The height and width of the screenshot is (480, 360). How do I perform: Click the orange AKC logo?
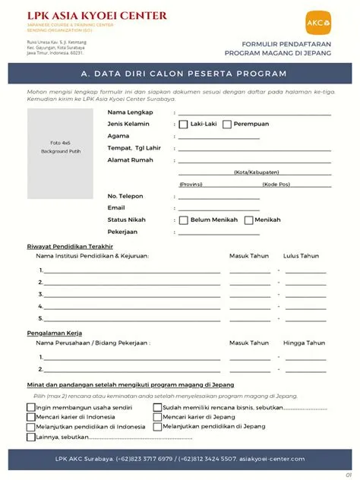pyautogui.click(x=317, y=23)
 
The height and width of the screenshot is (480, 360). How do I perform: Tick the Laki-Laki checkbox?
pyautogui.click(x=183, y=124)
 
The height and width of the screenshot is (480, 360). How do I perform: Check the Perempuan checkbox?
pyautogui.click(x=227, y=124)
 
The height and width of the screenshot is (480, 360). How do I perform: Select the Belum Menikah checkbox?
pyautogui.click(x=183, y=220)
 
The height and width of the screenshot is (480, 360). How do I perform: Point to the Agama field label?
pyautogui.click(x=118, y=136)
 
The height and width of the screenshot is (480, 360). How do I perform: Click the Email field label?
pyautogui.click(x=116, y=207)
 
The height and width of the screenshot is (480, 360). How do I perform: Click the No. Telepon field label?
pyautogui.click(x=125, y=196)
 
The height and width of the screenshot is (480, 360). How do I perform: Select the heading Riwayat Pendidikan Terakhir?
pyautogui.click(x=70, y=246)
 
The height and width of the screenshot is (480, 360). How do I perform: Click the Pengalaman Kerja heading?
pyautogui.click(x=55, y=333)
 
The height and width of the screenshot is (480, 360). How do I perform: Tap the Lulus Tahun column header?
pyautogui.click(x=301, y=256)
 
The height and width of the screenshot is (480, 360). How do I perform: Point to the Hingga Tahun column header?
pyautogui.click(x=304, y=343)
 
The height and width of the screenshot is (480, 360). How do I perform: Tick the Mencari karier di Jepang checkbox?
pyautogui.click(x=157, y=417)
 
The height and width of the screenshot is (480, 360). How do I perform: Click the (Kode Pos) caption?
pyautogui.click(x=276, y=184)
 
